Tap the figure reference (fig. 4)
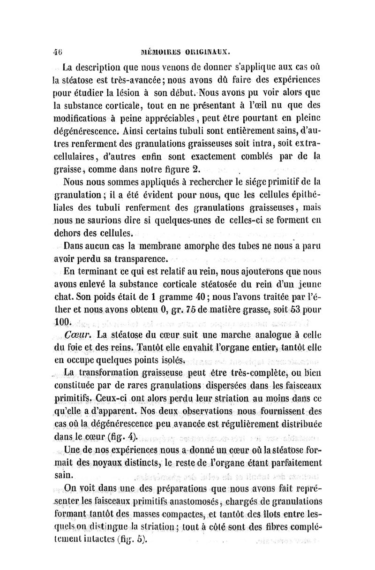(120, 438)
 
